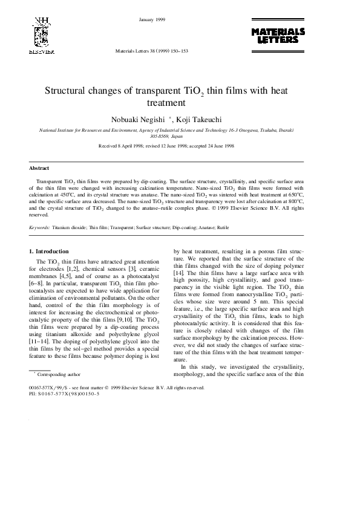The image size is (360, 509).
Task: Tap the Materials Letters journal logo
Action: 278,35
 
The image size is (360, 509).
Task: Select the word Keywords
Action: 39,227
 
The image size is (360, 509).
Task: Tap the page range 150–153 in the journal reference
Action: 177,51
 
